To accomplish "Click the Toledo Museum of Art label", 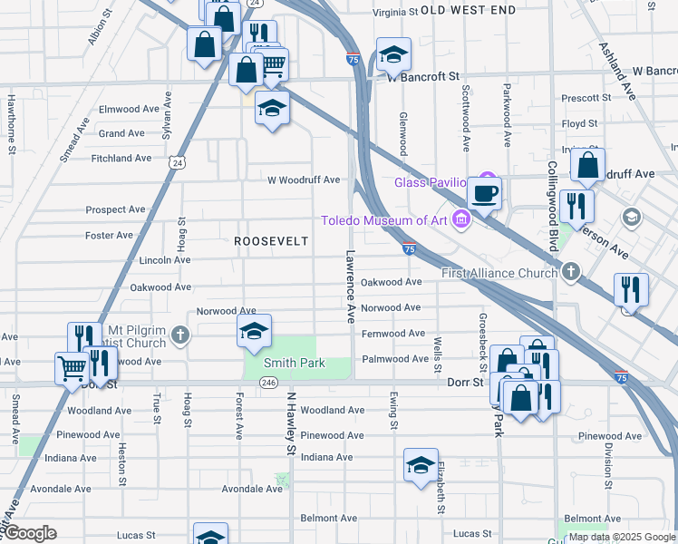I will [387, 220].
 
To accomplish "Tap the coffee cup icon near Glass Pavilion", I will [484, 192].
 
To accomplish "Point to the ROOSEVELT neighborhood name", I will [271, 241].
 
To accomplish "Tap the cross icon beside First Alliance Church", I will [570, 271].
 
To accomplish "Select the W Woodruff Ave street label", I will [303, 180].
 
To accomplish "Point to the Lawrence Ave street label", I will [350, 287].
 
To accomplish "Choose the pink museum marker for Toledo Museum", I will [462, 219].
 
